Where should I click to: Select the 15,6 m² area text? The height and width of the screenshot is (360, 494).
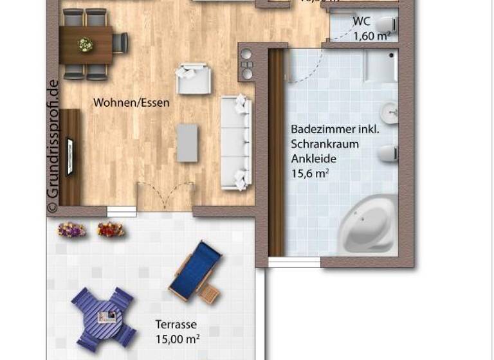click(x=310, y=172)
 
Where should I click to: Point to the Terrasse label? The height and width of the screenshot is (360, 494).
click(x=176, y=325)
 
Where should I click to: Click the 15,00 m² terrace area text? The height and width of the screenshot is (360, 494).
click(x=177, y=338)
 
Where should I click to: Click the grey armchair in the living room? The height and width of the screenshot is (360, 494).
click(x=193, y=78)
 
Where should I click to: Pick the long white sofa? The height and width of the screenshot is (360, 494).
click(x=235, y=141)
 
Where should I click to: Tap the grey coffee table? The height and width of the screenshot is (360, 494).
click(x=187, y=143)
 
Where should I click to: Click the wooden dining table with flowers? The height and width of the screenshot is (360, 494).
click(x=86, y=44)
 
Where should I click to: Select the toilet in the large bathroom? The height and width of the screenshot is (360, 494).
click(x=387, y=154)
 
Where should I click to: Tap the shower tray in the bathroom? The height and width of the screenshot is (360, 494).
click(x=380, y=66)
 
